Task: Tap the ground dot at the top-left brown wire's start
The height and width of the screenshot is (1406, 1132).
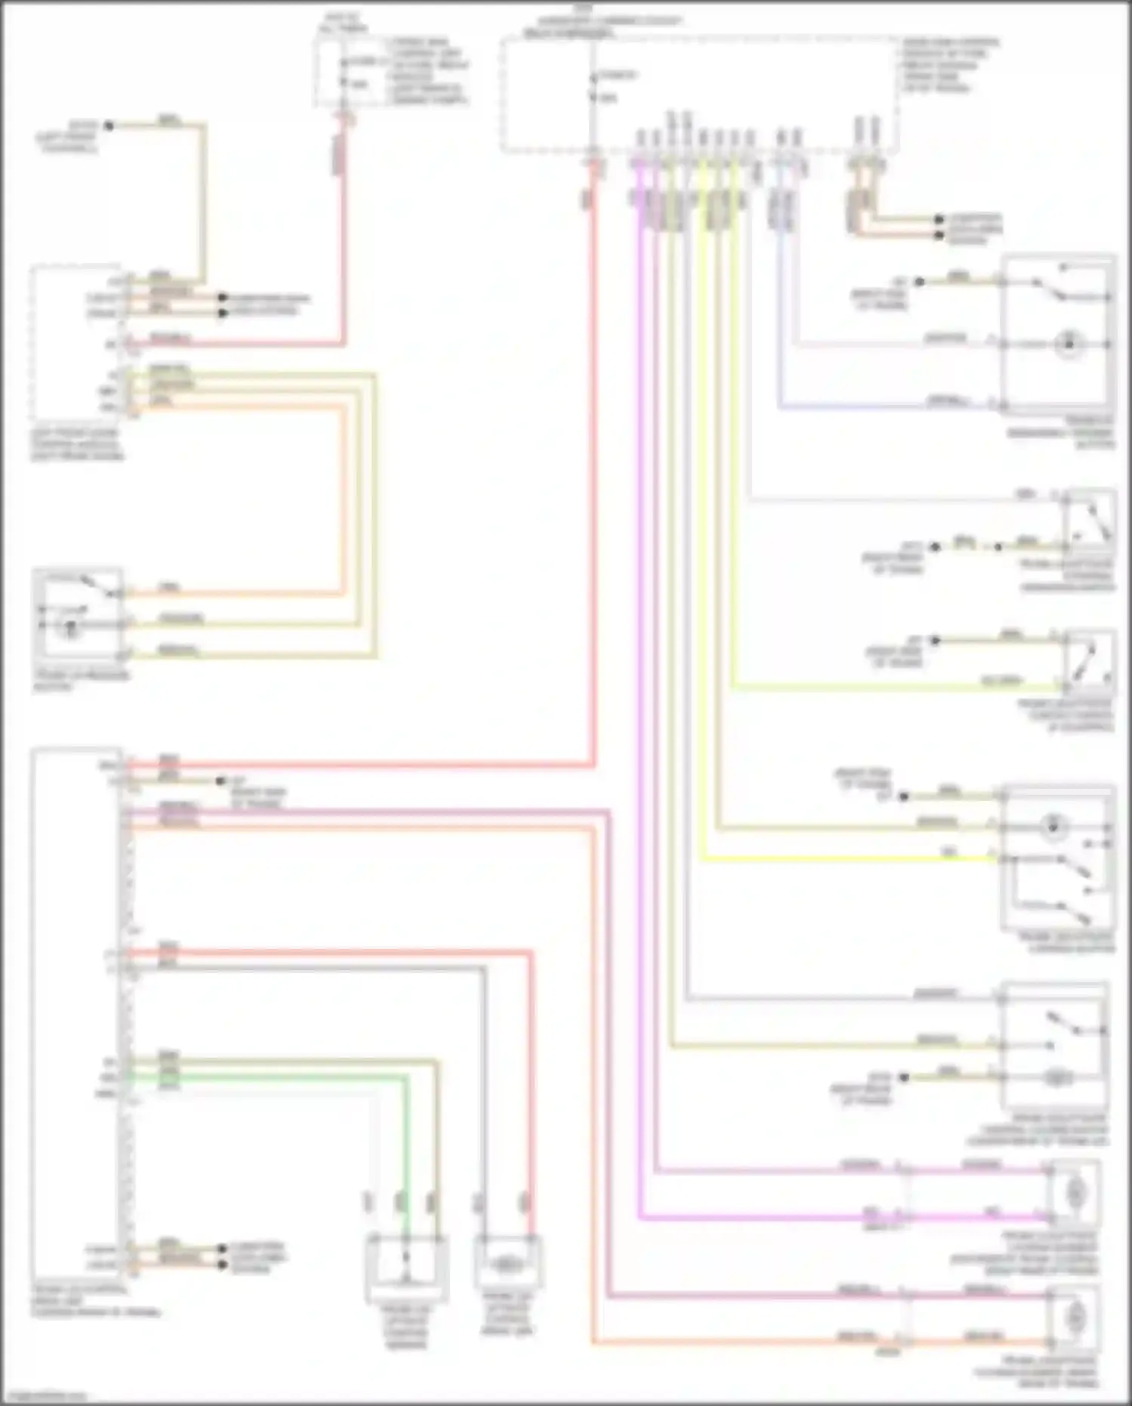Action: pos(109,125)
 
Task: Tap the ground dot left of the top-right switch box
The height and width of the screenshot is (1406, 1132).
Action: pos(920,282)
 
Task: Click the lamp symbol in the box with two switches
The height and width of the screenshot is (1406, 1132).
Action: pos(1051,827)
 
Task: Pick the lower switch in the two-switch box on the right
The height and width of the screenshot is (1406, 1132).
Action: pos(1072,912)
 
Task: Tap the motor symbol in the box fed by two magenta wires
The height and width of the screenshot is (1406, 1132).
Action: pos(1072,1194)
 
